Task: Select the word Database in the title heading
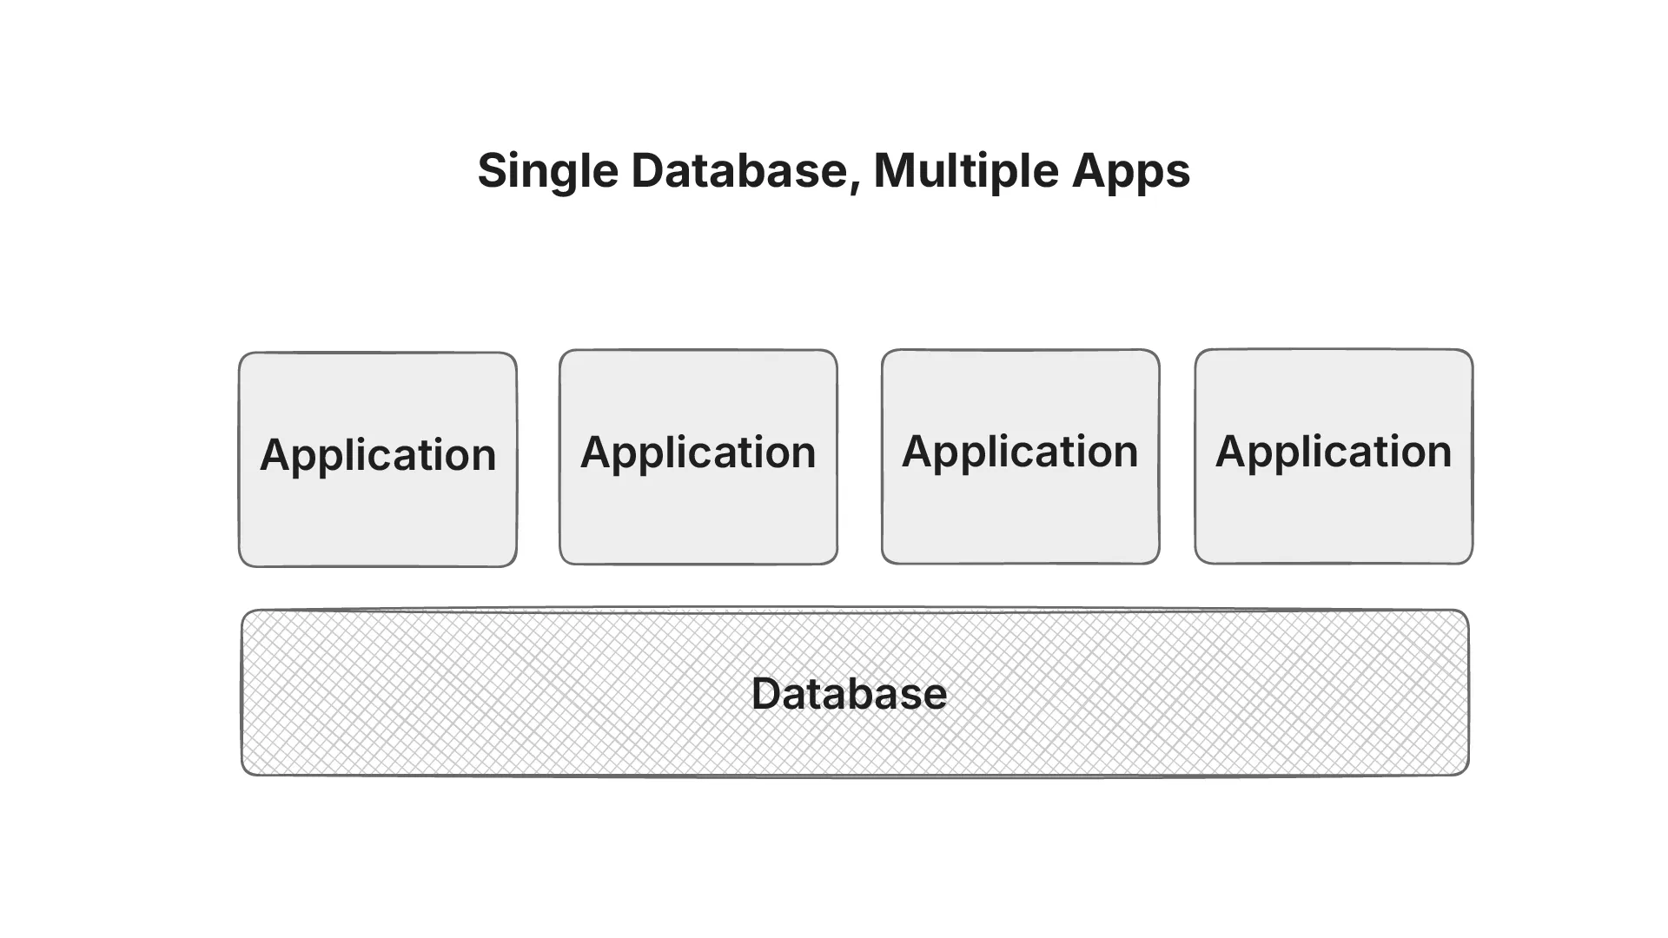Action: click(x=738, y=170)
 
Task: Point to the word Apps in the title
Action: click(x=1130, y=172)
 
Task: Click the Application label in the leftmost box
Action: click(x=378, y=455)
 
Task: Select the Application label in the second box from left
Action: click(x=698, y=452)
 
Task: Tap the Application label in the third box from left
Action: click(x=1020, y=452)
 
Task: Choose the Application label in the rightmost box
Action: click(x=1334, y=452)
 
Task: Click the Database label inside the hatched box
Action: click(x=849, y=694)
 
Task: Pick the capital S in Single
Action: click(x=493, y=170)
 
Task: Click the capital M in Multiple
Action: click(x=893, y=170)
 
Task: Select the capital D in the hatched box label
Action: click(x=767, y=694)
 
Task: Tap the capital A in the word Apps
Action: click(x=1089, y=170)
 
